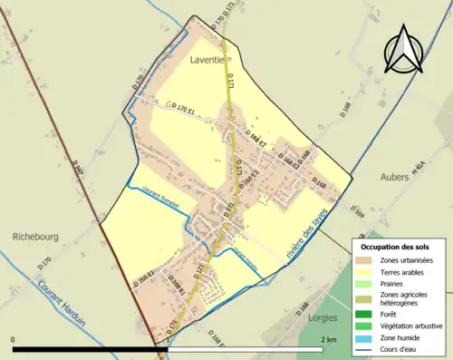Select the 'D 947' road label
pos(79,170)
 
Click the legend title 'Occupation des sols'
pos(396,247)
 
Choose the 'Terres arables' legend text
pos(404,271)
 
